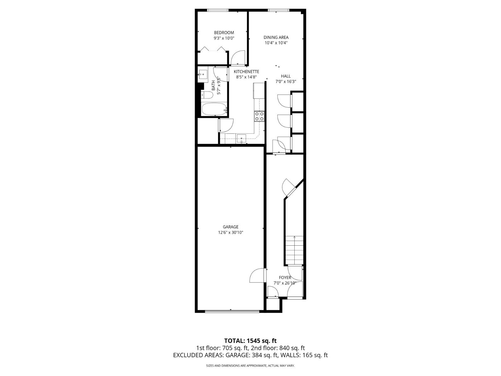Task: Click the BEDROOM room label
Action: click(224, 33)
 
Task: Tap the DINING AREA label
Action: click(276, 37)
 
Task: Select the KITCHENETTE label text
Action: click(246, 72)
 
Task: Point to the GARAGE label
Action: click(230, 227)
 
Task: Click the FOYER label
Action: click(285, 278)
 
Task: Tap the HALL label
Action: click(286, 76)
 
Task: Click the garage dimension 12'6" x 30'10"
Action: click(230, 232)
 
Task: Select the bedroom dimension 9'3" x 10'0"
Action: click(224, 38)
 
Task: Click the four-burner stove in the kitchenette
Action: click(259, 116)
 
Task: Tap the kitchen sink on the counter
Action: click(241, 138)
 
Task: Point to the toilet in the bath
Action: click(207, 95)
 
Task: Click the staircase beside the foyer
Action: click(294, 251)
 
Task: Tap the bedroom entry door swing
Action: click(237, 57)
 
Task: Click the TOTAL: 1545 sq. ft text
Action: click(250, 341)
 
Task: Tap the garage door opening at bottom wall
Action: click(232, 311)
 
